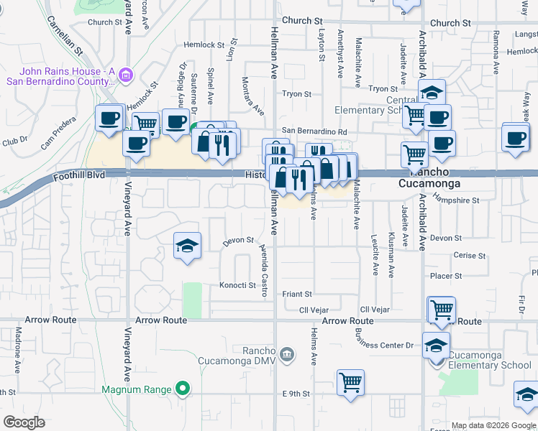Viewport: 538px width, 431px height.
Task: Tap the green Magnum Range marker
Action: pos(183,389)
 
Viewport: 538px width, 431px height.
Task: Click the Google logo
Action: pos(24,422)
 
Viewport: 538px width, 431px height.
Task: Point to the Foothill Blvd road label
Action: pos(79,175)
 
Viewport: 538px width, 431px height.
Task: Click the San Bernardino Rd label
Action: pos(314,131)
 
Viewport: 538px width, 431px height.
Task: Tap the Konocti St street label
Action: pos(237,285)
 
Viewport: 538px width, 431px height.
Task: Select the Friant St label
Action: pos(296,294)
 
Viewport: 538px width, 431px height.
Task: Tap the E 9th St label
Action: pos(296,394)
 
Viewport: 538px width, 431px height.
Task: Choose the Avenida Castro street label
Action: pos(264,270)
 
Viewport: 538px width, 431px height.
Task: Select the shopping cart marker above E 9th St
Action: pos(350,381)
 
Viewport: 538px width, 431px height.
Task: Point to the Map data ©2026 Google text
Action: pos(494,425)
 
